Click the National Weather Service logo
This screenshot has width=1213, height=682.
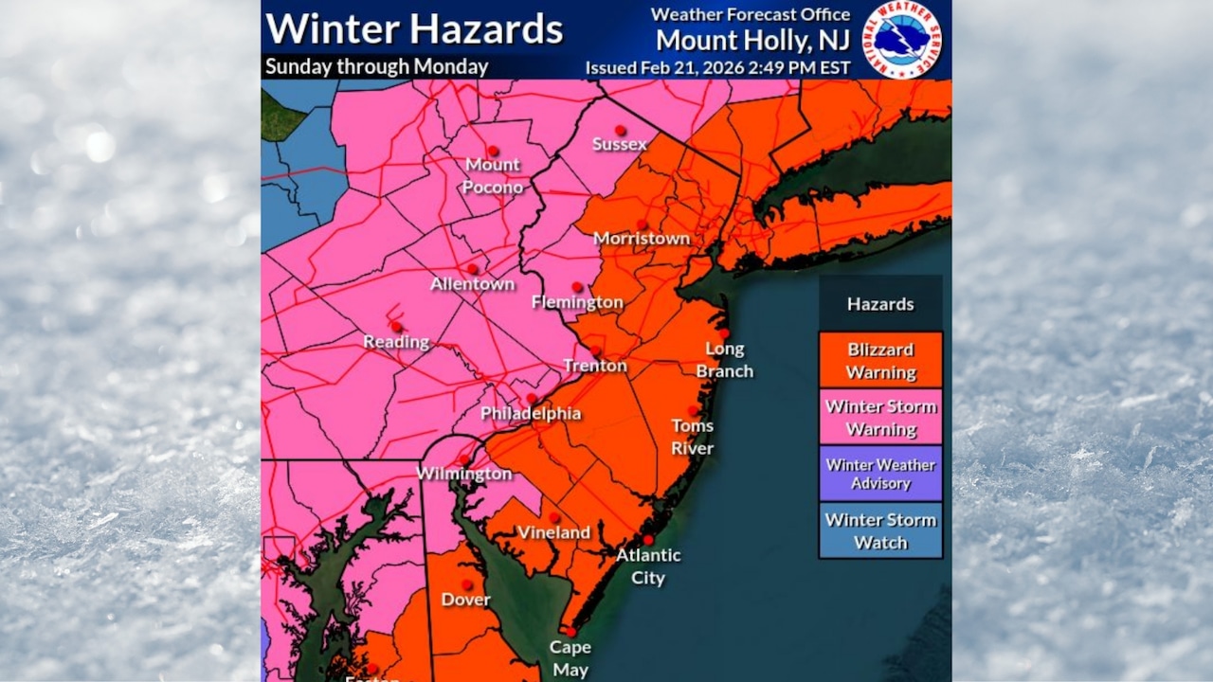(x=901, y=39)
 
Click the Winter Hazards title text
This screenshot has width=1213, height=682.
(x=414, y=28)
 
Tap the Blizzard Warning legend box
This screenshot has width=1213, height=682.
(x=880, y=360)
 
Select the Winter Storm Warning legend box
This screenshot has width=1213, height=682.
(x=880, y=417)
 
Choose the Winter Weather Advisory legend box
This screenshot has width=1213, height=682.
(x=880, y=474)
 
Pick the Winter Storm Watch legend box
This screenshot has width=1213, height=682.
(x=880, y=530)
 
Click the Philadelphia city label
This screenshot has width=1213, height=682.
(x=531, y=413)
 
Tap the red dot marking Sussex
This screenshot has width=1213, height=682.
(x=620, y=130)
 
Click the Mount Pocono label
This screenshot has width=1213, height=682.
(x=492, y=175)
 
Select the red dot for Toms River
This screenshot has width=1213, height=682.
(x=693, y=410)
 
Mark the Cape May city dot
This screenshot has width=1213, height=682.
(x=570, y=632)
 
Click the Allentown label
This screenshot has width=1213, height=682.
(x=472, y=284)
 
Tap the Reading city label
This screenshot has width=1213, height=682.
(x=396, y=342)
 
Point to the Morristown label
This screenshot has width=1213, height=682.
(x=642, y=239)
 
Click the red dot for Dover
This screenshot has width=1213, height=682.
(x=466, y=584)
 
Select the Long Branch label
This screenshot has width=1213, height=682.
(x=725, y=360)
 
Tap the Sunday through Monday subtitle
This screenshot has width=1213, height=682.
(x=376, y=67)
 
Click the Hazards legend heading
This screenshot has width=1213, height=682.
(x=880, y=304)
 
